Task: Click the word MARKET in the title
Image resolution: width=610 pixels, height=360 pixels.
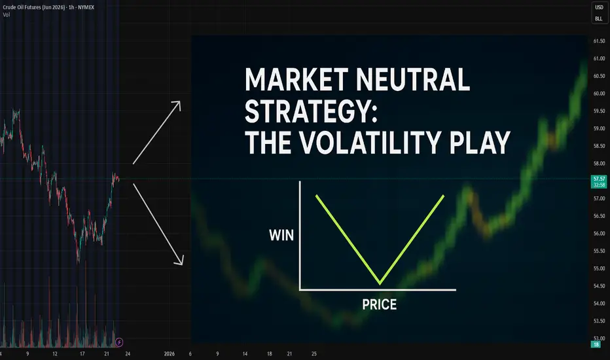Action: click(296, 79)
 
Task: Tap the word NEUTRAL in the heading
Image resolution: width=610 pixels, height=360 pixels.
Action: click(413, 79)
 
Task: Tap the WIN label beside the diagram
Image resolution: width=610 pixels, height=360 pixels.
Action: click(281, 235)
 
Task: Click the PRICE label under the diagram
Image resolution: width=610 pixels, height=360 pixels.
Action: click(380, 304)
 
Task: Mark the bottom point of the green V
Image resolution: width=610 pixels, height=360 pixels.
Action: click(380, 283)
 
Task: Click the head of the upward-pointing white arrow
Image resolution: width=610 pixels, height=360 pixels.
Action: click(177, 105)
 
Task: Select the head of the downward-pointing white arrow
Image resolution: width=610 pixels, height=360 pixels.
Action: click(179, 261)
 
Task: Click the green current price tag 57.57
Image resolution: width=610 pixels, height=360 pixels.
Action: click(599, 182)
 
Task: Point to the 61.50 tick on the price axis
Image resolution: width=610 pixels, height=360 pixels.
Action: click(599, 41)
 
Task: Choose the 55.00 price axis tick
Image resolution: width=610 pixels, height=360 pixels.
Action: click(599, 268)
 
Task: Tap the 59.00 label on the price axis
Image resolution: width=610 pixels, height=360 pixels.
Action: click(599, 128)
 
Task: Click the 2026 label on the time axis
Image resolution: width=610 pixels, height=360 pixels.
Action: click(170, 353)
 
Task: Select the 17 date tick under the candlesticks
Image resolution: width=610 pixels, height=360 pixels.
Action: click(82, 353)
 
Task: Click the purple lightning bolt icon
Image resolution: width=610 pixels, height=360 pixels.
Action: click(119, 342)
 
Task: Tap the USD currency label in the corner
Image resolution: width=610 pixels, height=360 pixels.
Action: click(599, 7)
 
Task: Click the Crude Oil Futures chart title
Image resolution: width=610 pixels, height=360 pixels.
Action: click(48, 7)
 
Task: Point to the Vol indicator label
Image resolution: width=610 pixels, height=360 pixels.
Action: click(7, 15)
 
